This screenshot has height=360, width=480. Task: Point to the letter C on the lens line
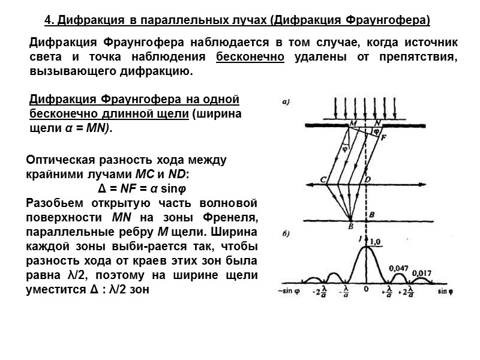point(323,179)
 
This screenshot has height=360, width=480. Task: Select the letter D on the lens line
point(368,179)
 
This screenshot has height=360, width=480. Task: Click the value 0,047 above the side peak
point(398,268)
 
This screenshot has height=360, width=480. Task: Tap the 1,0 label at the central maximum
point(376,241)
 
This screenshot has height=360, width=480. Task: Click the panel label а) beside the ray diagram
point(286,103)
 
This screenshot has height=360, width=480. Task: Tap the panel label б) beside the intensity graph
point(286,233)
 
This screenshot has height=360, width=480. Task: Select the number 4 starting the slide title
point(48,21)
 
